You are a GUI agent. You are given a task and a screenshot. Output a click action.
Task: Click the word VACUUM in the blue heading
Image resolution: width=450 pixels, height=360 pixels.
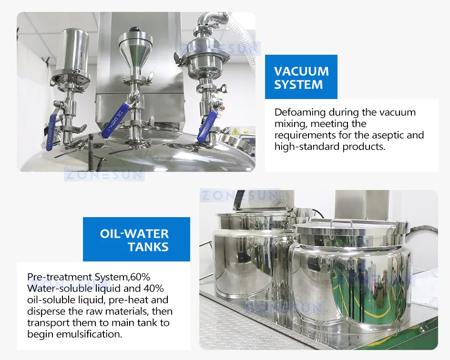point(301,71)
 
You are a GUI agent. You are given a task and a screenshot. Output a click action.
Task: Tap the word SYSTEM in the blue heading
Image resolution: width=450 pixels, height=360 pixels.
point(298,85)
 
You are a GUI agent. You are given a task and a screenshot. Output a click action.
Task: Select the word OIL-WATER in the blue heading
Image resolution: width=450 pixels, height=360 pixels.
point(134,234)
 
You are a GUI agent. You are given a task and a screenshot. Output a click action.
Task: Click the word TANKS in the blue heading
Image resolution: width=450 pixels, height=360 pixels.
point(148,247)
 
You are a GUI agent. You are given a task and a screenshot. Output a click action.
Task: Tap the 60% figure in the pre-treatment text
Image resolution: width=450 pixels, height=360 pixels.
point(140,277)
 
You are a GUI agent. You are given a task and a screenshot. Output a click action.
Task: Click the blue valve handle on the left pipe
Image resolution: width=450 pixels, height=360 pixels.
point(51,132)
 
